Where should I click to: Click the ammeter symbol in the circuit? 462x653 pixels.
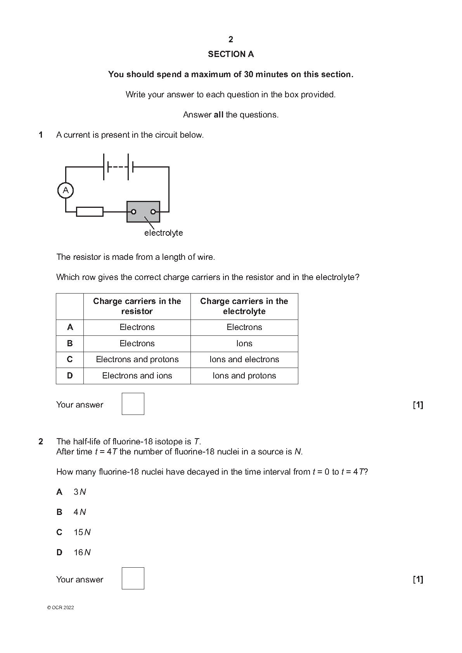click(x=66, y=190)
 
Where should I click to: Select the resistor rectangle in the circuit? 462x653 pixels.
click(x=90, y=212)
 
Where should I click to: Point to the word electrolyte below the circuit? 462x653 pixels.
click(x=163, y=233)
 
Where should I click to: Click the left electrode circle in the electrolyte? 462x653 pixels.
click(x=133, y=212)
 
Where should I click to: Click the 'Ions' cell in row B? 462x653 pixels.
click(x=244, y=344)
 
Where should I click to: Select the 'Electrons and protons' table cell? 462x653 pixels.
click(x=137, y=359)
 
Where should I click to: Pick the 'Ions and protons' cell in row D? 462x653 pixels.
click(x=244, y=376)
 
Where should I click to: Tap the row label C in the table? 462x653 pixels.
click(x=70, y=359)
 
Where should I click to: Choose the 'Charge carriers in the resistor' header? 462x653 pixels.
click(x=137, y=306)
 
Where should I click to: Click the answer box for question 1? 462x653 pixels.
click(x=133, y=404)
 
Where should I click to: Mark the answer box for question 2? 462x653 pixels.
click(x=133, y=578)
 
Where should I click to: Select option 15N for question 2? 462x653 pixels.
click(x=82, y=532)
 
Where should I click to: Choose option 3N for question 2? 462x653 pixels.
click(x=80, y=492)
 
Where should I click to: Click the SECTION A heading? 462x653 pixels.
click(x=231, y=54)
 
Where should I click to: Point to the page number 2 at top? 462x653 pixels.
click(x=231, y=40)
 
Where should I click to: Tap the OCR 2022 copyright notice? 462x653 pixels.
click(x=61, y=608)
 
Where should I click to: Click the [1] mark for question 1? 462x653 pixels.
click(x=418, y=405)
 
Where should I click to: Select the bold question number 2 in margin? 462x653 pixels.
click(x=41, y=441)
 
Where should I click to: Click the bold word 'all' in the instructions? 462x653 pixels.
click(x=218, y=115)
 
